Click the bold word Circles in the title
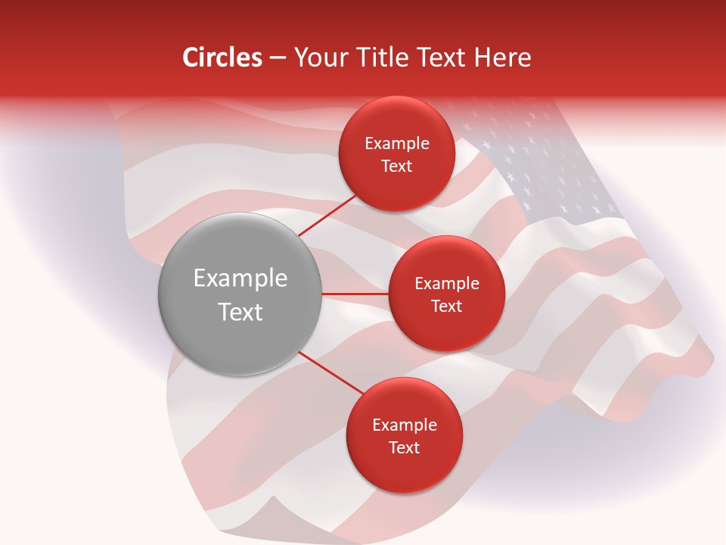pyautogui.click(x=222, y=58)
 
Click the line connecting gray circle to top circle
pyautogui.click(x=328, y=216)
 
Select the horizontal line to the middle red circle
pyautogui.click(x=355, y=294)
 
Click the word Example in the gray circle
pyautogui.click(x=240, y=279)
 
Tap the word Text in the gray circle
pyautogui.click(x=240, y=312)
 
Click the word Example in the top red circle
pyautogui.click(x=397, y=144)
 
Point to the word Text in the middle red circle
pyautogui.click(x=446, y=307)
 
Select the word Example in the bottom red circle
pyautogui.click(x=405, y=425)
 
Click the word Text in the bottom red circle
pyautogui.click(x=404, y=448)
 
